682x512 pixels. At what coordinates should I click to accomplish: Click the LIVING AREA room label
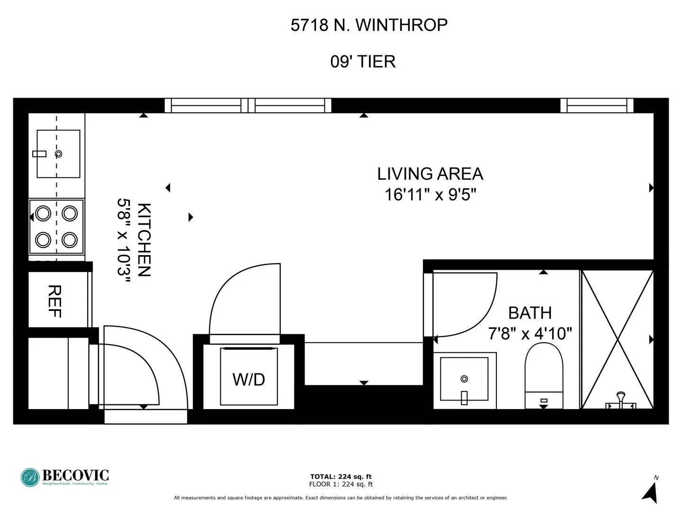click(x=430, y=174)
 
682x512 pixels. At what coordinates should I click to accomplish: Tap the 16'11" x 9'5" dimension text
click(x=430, y=194)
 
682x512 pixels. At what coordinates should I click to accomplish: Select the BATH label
click(x=530, y=313)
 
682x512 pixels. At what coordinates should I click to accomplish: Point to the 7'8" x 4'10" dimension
click(x=530, y=334)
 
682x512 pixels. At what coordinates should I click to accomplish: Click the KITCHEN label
click(x=144, y=240)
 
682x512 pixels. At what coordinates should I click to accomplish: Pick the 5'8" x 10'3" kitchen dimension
click(x=124, y=240)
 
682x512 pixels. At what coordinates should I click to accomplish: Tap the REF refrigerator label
click(x=55, y=301)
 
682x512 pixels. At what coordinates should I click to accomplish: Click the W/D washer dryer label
click(x=249, y=379)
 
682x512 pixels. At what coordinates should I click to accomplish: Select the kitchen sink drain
click(x=59, y=154)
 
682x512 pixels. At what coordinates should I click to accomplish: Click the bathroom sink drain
click(x=464, y=379)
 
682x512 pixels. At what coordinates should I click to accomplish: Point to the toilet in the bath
click(x=544, y=375)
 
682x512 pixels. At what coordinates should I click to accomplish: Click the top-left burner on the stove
click(x=43, y=213)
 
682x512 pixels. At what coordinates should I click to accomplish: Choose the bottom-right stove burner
click(x=70, y=239)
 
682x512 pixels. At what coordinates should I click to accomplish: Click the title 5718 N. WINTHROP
click(x=369, y=25)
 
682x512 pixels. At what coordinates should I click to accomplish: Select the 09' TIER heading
click(x=363, y=62)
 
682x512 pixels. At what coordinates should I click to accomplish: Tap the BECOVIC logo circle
click(x=30, y=477)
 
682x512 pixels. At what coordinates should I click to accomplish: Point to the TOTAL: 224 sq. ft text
click(x=341, y=476)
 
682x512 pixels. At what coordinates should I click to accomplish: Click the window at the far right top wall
click(x=597, y=105)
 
